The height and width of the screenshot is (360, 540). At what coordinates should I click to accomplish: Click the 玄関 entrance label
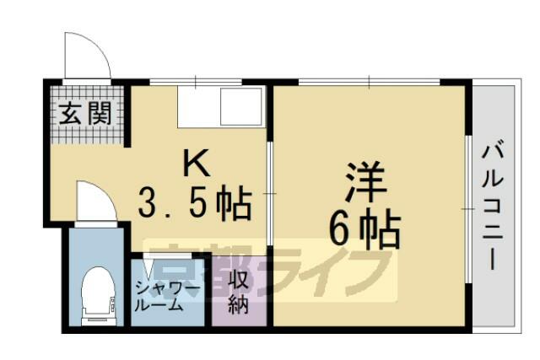[85, 113]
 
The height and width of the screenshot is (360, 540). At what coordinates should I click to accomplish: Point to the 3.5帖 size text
[195, 203]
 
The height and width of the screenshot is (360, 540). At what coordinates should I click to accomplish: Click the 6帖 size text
[364, 228]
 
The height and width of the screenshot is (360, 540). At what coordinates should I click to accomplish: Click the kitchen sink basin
[241, 106]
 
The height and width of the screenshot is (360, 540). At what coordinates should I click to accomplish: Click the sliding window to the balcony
[468, 210]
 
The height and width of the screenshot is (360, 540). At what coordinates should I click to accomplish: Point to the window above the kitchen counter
[196, 82]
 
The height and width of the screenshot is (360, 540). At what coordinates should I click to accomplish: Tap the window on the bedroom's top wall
[370, 82]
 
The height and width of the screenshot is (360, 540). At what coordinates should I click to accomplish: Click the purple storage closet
[239, 291]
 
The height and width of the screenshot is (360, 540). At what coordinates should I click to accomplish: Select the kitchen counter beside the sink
[199, 106]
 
